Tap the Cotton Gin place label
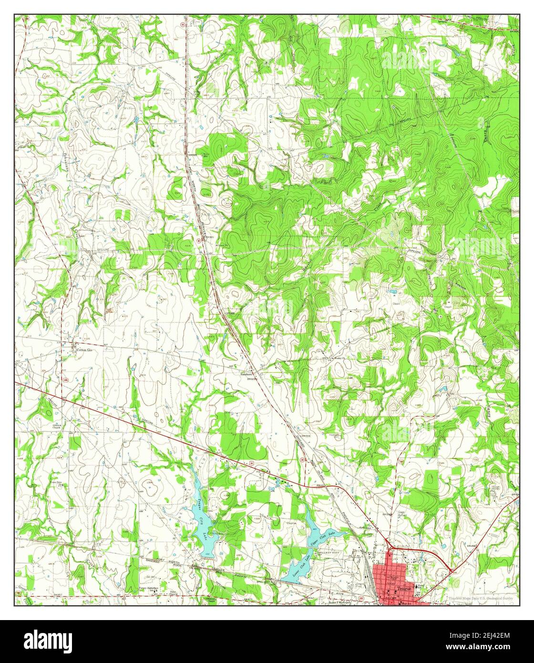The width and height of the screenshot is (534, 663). click(84, 350)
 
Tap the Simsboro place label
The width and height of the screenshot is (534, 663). click(246, 374)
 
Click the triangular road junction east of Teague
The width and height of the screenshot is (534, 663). click(451, 570)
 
